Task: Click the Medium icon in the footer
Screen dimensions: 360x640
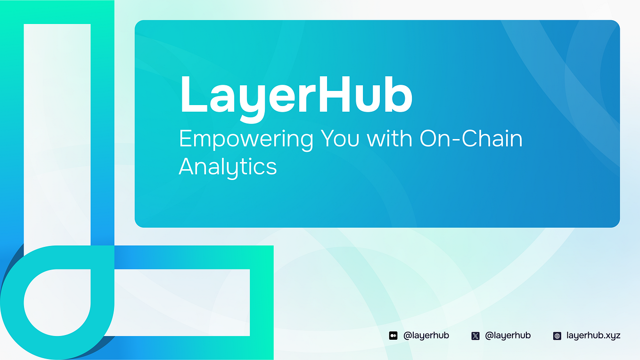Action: pos(393,336)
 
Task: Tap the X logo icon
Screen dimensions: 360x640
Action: pos(476,336)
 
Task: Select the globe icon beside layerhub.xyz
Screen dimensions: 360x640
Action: pos(557,336)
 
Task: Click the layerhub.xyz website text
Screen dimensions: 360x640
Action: pos(593,335)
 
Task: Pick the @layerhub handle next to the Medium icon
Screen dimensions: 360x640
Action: pos(426,335)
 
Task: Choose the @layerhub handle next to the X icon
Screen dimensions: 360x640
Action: pos(508,335)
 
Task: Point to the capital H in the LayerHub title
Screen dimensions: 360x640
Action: pos(333,94)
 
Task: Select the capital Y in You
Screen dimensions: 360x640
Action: pos(328,139)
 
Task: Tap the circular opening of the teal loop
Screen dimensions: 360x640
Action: pos(57,302)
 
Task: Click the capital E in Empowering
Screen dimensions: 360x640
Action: pos(185,139)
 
